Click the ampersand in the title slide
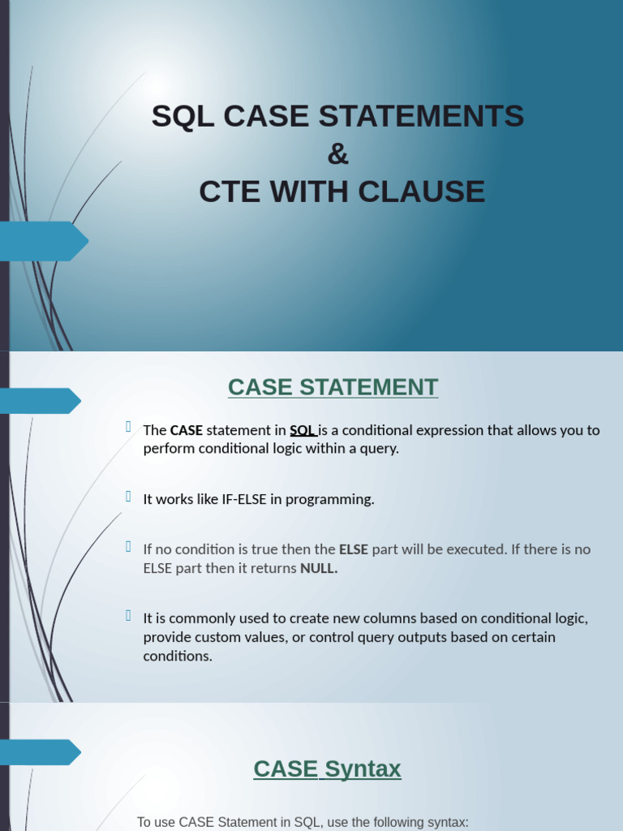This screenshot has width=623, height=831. (338, 154)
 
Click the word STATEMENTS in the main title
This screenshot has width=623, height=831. (421, 116)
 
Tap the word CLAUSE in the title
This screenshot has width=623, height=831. (422, 192)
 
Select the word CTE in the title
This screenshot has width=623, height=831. (230, 192)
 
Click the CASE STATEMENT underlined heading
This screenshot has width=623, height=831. (333, 387)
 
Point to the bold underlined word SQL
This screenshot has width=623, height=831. (303, 430)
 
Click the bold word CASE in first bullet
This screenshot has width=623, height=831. (187, 430)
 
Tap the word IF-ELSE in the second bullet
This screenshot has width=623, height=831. (243, 499)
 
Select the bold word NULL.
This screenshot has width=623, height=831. (319, 569)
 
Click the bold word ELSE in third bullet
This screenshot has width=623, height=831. (354, 549)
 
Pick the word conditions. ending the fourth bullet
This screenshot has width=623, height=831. (178, 656)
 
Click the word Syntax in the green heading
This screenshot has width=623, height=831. (363, 769)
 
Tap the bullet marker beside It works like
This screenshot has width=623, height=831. (128, 496)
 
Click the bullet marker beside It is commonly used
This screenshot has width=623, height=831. (128, 615)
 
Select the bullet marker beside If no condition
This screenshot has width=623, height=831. (128, 546)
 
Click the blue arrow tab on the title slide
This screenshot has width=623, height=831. (44, 241)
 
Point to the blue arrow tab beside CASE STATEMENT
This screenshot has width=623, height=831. (41, 401)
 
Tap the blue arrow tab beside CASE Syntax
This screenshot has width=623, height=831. (41, 752)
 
